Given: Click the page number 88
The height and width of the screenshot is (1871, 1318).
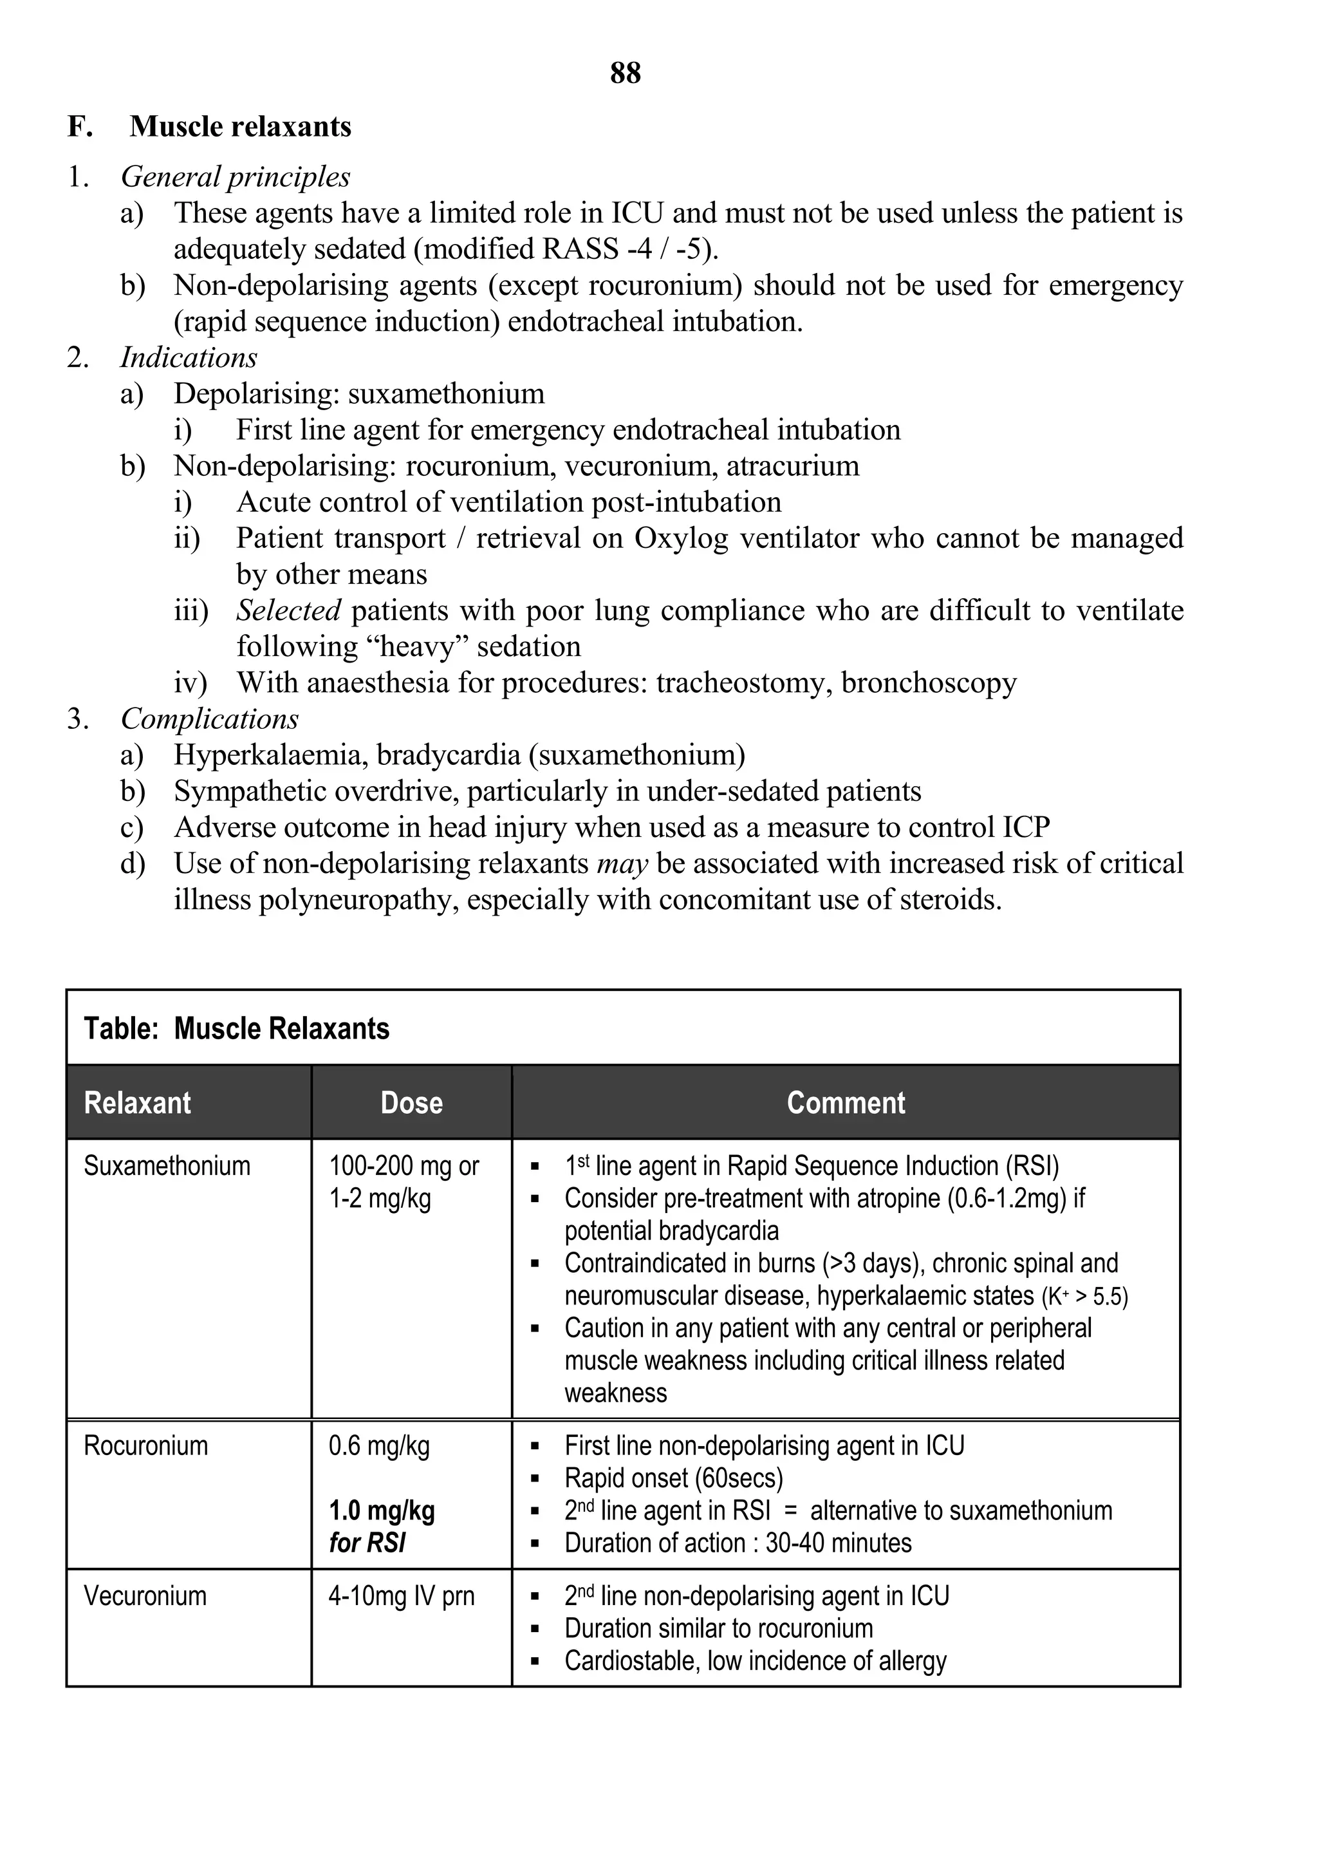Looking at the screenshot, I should [625, 73].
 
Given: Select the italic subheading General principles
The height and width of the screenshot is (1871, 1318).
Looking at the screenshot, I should [236, 177].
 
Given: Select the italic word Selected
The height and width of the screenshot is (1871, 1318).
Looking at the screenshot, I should [288, 610].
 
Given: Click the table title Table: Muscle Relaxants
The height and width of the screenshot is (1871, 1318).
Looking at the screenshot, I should [237, 1028].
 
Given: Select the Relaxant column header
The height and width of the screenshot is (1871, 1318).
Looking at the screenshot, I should [138, 1102].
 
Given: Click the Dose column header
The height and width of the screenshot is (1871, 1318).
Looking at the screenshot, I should [411, 1102].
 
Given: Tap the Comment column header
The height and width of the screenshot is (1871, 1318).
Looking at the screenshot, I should [846, 1102].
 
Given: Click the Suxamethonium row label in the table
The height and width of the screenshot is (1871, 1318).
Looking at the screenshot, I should [167, 1166].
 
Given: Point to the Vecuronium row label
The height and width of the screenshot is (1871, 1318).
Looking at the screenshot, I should [145, 1596].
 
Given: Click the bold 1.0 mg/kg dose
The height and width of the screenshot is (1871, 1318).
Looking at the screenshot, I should [381, 1511].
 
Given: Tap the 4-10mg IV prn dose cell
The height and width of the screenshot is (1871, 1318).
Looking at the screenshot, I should [401, 1596].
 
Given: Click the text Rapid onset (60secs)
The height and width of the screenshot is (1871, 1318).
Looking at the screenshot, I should [674, 1479].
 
